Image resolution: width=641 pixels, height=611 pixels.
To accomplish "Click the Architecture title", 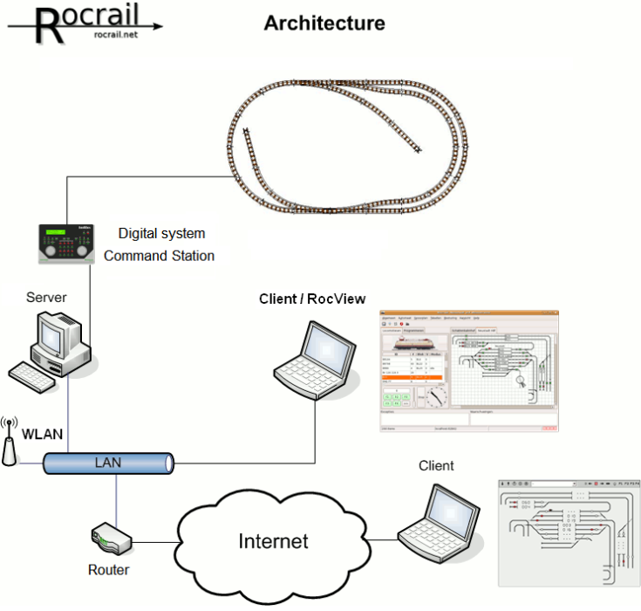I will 324,24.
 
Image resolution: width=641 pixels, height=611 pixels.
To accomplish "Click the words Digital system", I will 161,234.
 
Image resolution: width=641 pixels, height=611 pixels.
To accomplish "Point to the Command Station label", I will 159,256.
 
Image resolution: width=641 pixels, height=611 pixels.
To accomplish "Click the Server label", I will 46,298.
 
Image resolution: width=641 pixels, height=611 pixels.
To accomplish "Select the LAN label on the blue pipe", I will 107,461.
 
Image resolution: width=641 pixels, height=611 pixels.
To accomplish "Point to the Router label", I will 108,570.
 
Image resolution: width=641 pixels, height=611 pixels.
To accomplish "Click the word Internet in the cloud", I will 273,541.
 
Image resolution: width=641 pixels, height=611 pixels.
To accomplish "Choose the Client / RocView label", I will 312,299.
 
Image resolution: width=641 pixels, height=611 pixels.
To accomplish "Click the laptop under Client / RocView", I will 313,359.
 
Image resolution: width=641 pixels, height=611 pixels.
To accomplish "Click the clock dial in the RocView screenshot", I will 435,397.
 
